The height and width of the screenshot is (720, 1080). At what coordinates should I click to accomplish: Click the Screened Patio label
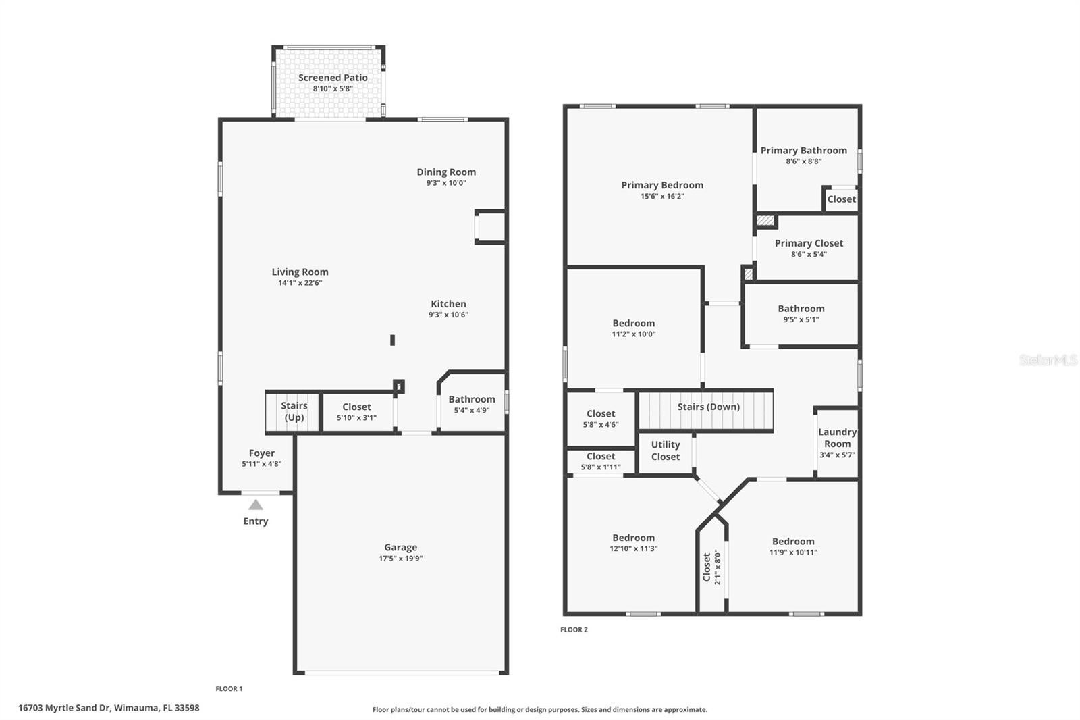[x=333, y=78]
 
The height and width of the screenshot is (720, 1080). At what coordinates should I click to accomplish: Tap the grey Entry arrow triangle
[x=256, y=505]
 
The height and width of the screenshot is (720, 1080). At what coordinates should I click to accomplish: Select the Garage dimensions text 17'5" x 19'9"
[x=400, y=559]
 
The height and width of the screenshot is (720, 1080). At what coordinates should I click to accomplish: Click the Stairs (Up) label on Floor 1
[x=294, y=411]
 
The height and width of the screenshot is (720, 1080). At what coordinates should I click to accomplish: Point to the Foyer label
[x=261, y=453]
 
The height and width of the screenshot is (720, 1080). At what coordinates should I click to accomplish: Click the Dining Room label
[x=446, y=172]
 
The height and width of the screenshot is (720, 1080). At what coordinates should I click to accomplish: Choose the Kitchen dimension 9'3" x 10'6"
[x=448, y=315]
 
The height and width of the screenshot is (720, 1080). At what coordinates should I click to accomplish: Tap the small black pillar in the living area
[x=392, y=340]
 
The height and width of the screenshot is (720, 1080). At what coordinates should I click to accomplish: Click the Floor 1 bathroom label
[x=471, y=399]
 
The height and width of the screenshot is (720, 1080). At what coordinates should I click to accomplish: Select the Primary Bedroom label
[x=662, y=185]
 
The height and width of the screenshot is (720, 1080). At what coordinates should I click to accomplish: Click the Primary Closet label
[x=809, y=243]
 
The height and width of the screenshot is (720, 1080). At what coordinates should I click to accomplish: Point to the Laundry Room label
[x=837, y=438]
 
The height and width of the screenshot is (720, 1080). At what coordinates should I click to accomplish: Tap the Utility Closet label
[x=665, y=451]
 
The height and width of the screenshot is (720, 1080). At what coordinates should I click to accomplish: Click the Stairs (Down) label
[x=708, y=407]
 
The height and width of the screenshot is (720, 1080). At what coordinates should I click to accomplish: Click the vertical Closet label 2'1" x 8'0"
[x=711, y=567]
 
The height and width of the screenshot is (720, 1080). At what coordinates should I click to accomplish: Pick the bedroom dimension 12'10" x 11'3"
[x=633, y=549]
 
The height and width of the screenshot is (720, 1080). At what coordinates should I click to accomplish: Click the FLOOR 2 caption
[x=574, y=629]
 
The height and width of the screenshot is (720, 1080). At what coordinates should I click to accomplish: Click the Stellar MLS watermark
[x=1048, y=360]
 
